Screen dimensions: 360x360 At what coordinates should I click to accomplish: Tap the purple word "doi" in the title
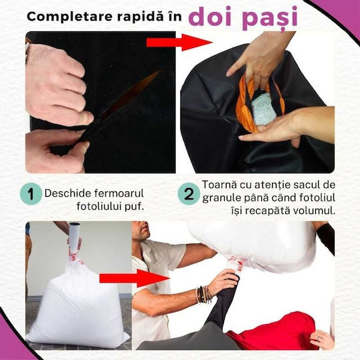pyautogui.click(x=210, y=17)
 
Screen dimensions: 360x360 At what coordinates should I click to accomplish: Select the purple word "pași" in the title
pyautogui.click(x=269, y=19)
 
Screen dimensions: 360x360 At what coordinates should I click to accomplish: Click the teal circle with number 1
pyautogui.click(x=31, y=193)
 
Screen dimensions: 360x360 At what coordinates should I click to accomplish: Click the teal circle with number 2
pyautogui.click(x=189, y=194)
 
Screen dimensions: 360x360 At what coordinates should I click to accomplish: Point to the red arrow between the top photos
pyautogui.click(x=179, y=42)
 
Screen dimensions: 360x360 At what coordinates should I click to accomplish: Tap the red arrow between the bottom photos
pyautogui.click(x=135, y=278)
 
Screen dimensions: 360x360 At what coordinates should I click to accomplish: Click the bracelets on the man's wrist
pyautogui.click(x=203, y=295)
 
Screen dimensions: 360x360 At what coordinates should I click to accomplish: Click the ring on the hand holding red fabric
pyautogui.click(x=319, y=338)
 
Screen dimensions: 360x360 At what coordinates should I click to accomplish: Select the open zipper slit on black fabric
pyautogui.click(x=130, y=93)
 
